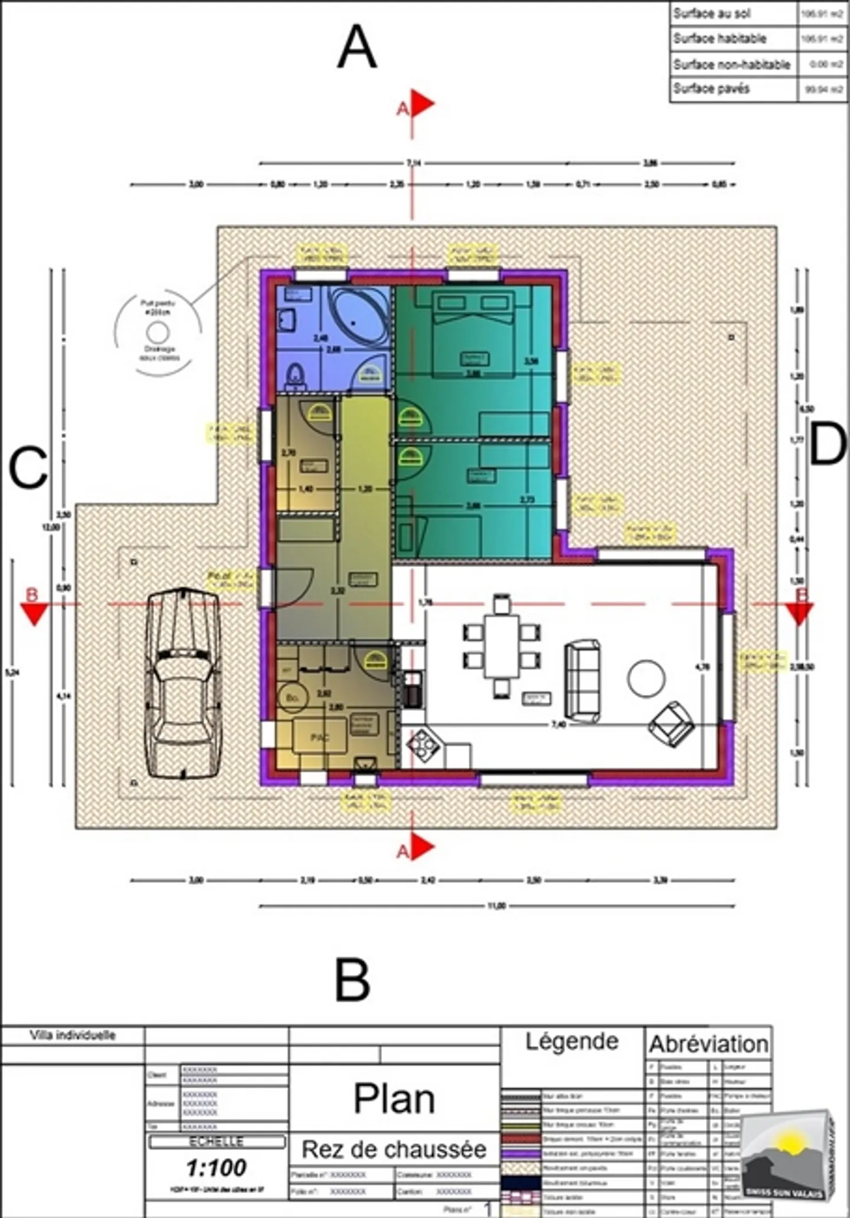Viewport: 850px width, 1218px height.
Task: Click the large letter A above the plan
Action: pyautogui.click(x=357, y=48)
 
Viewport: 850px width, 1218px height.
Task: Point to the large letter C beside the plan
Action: pyautogui.click(x=28, y=468)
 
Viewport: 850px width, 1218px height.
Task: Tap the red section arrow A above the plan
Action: pyautogui.click(x=421, y=104)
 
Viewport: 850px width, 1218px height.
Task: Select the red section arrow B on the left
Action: pyautogui.click(x=34, y=613)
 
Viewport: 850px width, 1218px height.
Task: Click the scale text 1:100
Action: pyautogui.click(x=217, y=1167)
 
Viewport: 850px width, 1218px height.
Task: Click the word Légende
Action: pyautogui.click(x=571, y=1041)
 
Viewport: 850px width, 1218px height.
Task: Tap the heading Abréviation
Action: pyautogui.click(x=708, y=1044)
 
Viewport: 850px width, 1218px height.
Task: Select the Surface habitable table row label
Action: pyautogui.click(x=720, y=39)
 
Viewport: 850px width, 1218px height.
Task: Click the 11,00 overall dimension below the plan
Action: pyautogui.click(x=496, y=906)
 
